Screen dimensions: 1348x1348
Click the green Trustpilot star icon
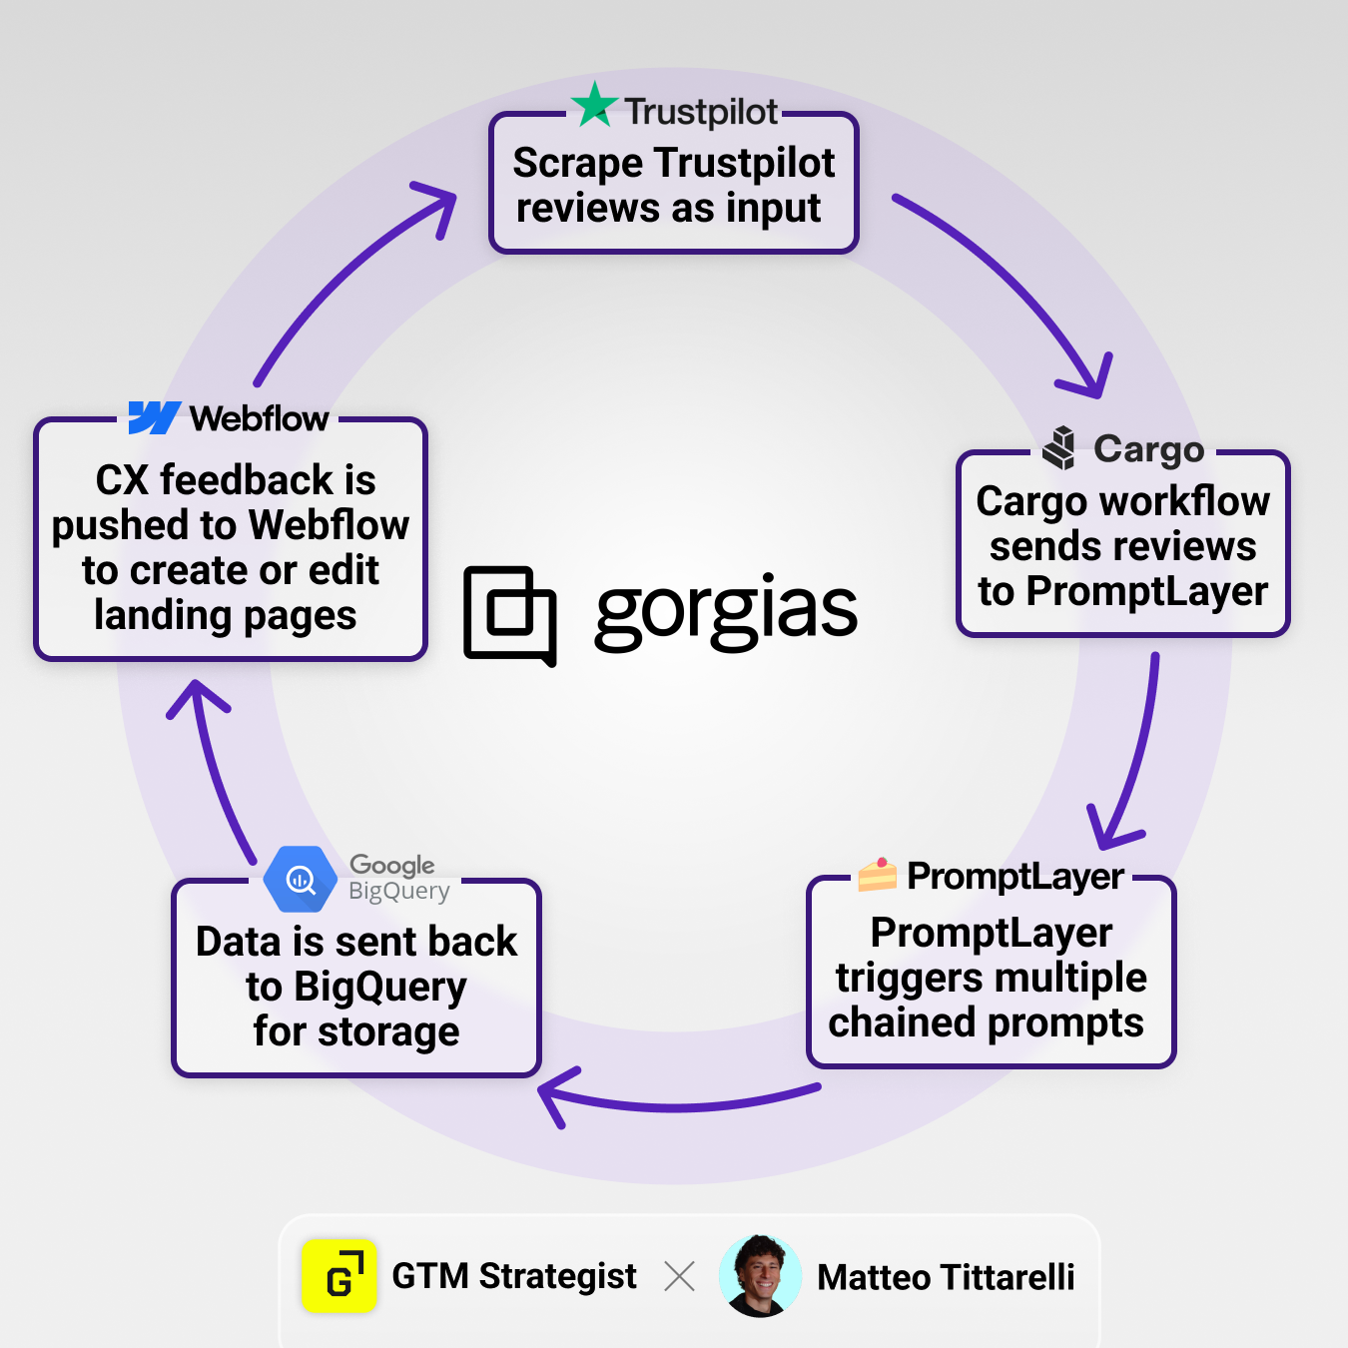[x=595, y=105]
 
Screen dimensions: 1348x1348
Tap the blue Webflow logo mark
[x=154, y=417]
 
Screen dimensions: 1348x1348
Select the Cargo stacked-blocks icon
[x=1059, y=447]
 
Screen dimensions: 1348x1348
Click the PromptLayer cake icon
[x=878, y=875]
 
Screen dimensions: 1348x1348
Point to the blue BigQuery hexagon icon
[x=300, y=879]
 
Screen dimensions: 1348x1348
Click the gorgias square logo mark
[x=510, y=615]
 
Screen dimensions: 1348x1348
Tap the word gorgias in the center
[x=726, y=611]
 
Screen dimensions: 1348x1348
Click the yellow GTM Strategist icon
[x=339, y=1276]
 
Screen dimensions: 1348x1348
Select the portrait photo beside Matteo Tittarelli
[x=760, y=1275]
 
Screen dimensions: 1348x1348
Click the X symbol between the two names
[x=679, y=1276]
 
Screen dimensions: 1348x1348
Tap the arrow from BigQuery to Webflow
[x=215, y=769]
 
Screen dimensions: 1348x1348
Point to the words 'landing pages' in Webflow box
[x=226, y=616]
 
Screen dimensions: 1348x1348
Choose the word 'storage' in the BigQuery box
[x=388, y=1032]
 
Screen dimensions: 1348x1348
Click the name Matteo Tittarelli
[x=946, y=1277]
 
